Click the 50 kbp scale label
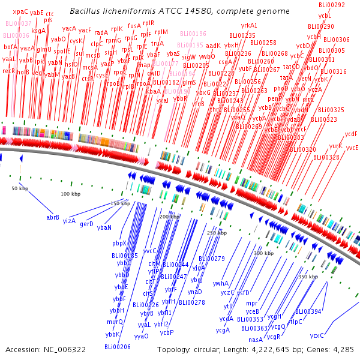(x=20, y=189)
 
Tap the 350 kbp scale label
(x=308, y=277)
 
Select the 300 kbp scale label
(x=263, y=253)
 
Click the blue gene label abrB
(x=53, y=217)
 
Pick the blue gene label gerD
(x=87, y=224)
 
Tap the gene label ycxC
(x=317, y=335)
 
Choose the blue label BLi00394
(x=308, y=311)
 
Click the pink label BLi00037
(x=18, y=23)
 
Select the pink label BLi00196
(x=192, y=34)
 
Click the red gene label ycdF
(x=351, y=134)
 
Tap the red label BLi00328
(x=326, y=157)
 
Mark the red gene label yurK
(x=335, y=146)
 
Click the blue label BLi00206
(x=117, y=347)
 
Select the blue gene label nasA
(x=256, y=340)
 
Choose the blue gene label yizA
(x=69, y=221)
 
